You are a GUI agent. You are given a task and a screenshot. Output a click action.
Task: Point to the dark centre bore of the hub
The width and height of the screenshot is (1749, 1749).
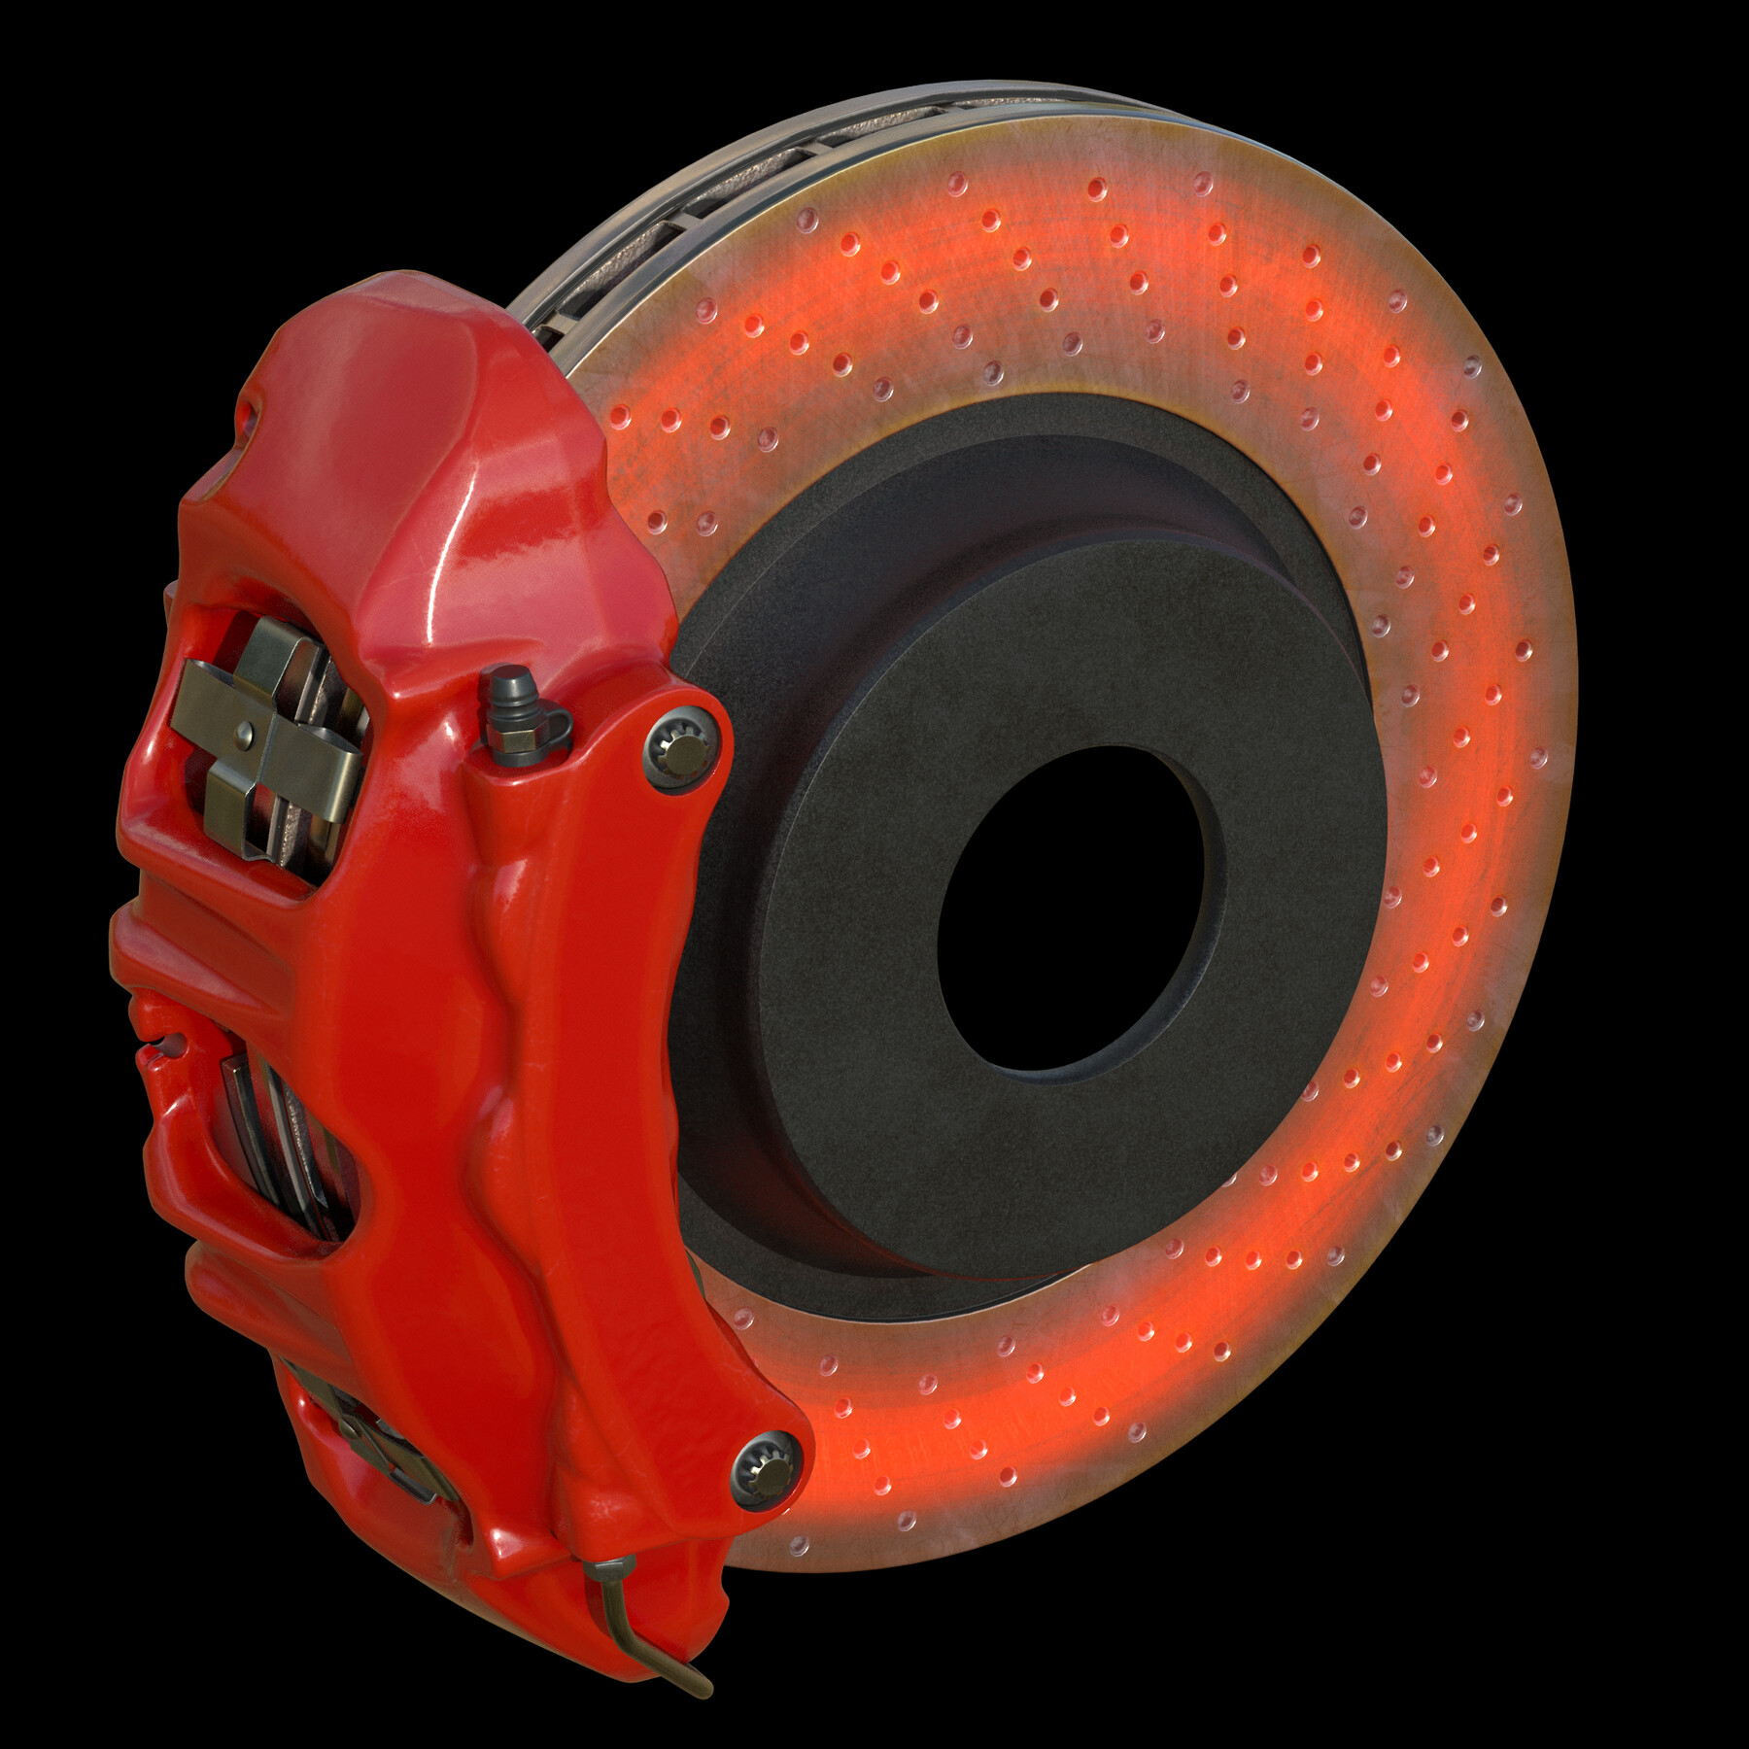pos(1069,909)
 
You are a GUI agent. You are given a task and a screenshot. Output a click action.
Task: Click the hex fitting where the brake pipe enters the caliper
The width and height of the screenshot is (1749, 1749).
pos(609,1571)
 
